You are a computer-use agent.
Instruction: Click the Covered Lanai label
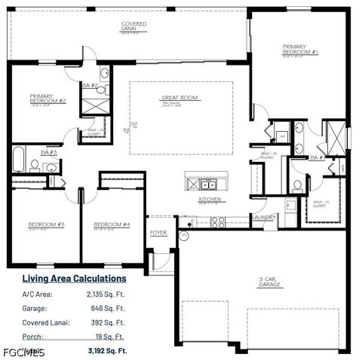coord(134,24)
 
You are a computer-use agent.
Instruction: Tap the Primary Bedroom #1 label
coord(300,50)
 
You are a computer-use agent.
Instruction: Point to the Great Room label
coord(179,98)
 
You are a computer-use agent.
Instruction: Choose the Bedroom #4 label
coord(112,224)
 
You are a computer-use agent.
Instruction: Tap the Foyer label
coord(158,233)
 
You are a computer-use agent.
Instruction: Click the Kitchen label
coord(209,200)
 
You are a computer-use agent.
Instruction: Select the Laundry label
coord(264,218)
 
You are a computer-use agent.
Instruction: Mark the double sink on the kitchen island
coord(208,184)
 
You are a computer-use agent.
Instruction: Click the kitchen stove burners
coord(218,221)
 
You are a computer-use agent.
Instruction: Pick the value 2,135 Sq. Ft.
coord(106,294)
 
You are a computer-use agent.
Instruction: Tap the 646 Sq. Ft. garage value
coord(109,309)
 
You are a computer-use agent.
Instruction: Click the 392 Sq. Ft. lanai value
coord(109,322)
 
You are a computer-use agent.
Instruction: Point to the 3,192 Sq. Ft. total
coord(106,350)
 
